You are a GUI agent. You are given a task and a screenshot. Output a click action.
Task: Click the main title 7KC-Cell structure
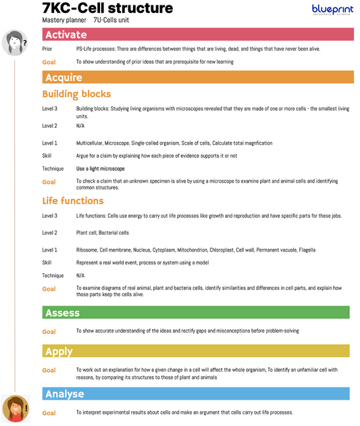click(107, 9)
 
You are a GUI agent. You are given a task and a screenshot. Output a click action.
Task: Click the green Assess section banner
click(196, 312)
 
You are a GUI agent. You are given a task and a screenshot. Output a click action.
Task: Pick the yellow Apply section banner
click(196, 352)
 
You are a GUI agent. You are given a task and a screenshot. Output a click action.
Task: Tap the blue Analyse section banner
click(196, 394)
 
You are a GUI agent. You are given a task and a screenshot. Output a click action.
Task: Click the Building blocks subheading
click(76, 94)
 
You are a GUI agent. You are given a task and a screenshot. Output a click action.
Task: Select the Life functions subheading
click(73, 201)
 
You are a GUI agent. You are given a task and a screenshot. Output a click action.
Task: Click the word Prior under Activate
click(47, 49)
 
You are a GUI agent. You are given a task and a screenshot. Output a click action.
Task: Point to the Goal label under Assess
click(49, 331)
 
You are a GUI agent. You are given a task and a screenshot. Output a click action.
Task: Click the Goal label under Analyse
click(49, 412)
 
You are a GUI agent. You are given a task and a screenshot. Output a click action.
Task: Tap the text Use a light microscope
click(101, 168)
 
